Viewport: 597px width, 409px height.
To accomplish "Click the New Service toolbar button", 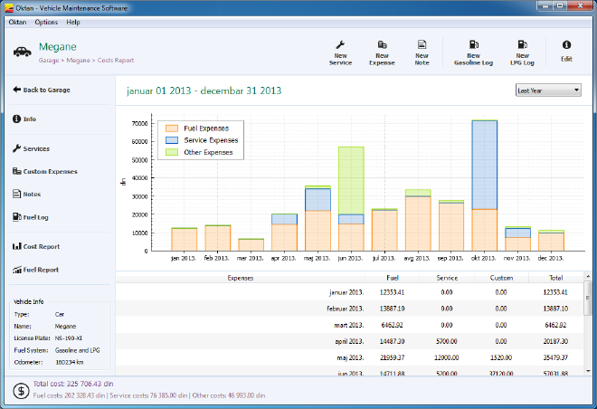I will pos(341,52).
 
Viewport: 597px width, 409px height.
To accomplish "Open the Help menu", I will pos(73,22).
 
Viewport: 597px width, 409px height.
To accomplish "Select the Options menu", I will pos(46,22).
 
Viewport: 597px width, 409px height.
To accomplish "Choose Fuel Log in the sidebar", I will pos(36,216).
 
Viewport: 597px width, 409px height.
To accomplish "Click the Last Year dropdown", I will pos(548,90).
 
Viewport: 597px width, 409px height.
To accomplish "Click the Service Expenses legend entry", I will pos(205,140).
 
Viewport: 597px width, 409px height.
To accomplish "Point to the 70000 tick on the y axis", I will pos(138,123).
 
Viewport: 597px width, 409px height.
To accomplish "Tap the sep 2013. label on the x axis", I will pos(450,258).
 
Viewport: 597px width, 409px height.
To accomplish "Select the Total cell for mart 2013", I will pos(553,324).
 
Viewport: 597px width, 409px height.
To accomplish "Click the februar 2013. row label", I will pos(344,308).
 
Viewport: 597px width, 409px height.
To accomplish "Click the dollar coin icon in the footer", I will pos(19,390).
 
